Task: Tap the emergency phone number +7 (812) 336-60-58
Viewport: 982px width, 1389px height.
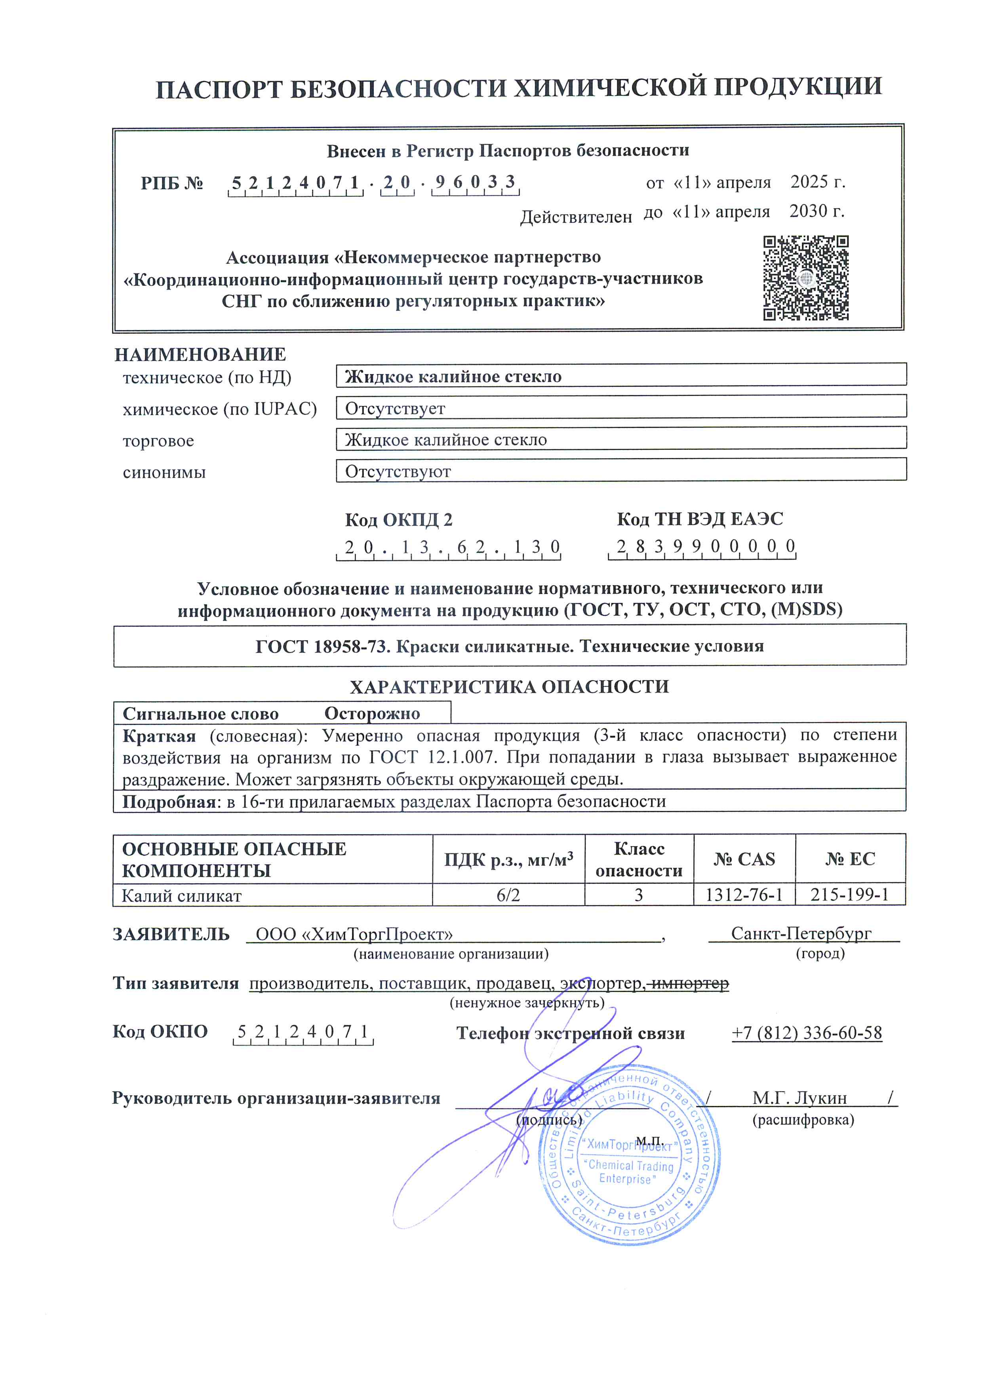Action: pyautogui.click(x=807, y=1033)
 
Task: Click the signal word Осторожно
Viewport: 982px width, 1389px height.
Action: pyautogui.click(x=372, y=713)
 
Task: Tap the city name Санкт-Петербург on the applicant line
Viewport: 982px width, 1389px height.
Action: pyautogui.click(x=801, y=934)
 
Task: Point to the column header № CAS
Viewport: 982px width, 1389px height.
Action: pyautogui.click(x=744, y=859)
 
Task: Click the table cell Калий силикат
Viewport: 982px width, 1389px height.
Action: pyautogui.click(x=181, y=896)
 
